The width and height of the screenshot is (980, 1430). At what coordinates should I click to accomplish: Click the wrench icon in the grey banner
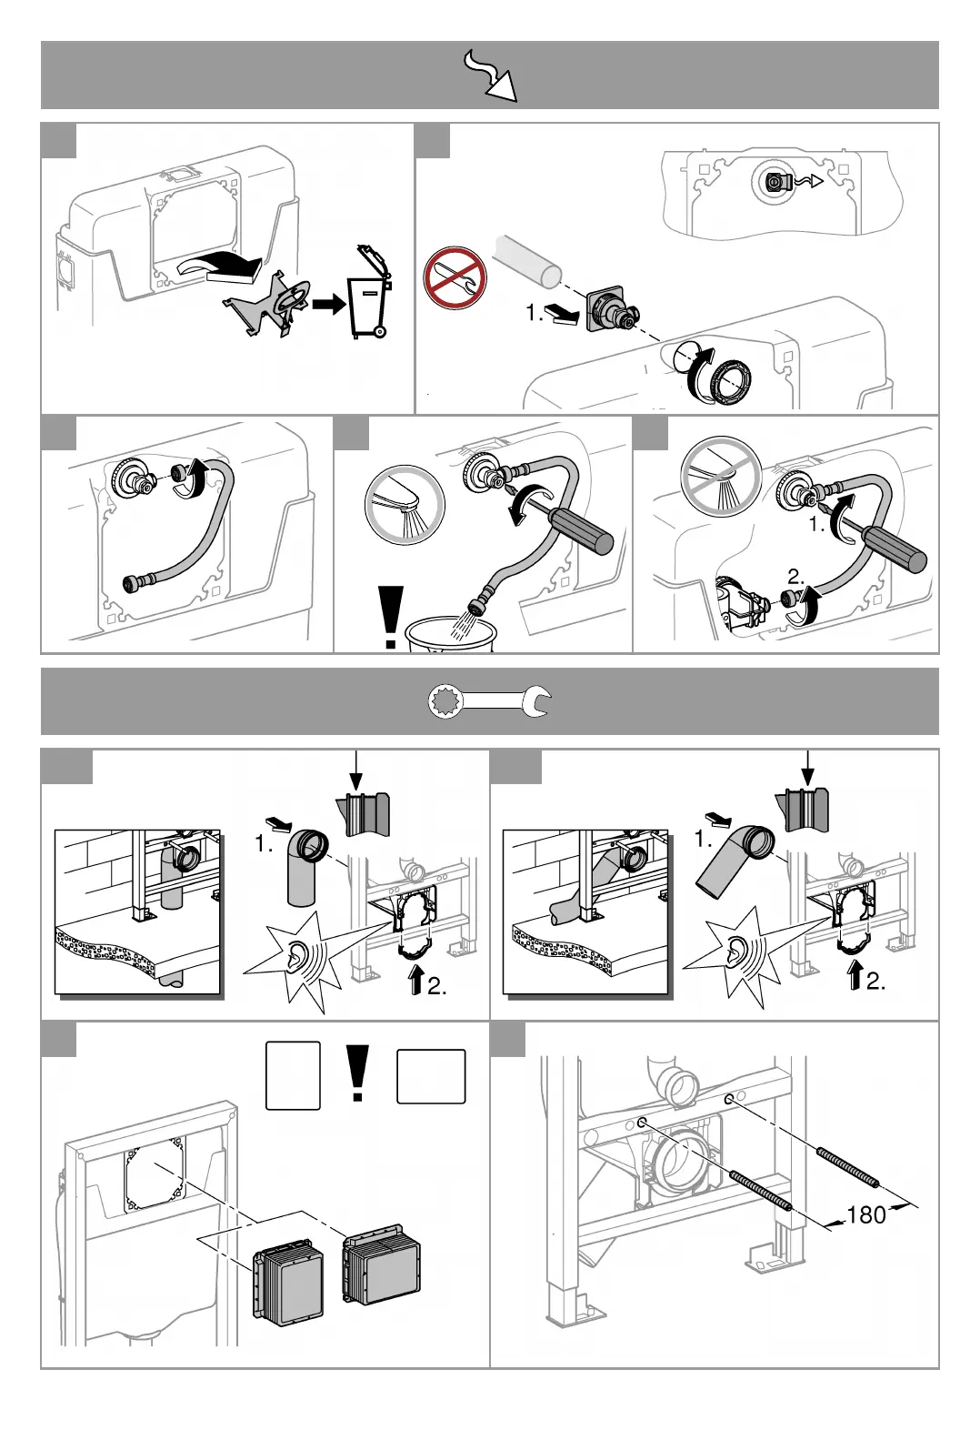(x=489, y=701)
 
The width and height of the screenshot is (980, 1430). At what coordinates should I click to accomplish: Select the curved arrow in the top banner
(x=490, y=75)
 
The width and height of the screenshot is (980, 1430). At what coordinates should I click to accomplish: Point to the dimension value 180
(x=865, y=1214)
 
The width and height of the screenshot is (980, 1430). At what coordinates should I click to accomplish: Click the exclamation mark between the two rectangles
(x=358, y=1074)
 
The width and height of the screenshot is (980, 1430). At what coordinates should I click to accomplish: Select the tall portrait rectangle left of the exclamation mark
(x=293, y=1075)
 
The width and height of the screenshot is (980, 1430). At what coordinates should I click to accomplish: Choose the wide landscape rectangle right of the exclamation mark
(x=431, y=1076)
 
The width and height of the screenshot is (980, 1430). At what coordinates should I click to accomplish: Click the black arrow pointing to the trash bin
(x=327, y=304)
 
